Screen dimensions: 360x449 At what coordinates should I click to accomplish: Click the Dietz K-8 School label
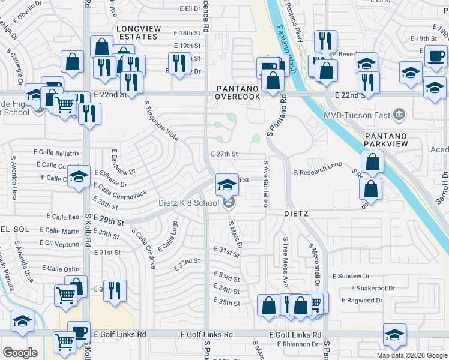coord(188,203)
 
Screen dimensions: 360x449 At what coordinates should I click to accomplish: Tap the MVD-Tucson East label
coord(356,115)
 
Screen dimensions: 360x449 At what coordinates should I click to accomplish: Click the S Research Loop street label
coord(318,173)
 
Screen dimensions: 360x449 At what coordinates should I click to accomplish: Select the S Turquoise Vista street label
coord(161,120)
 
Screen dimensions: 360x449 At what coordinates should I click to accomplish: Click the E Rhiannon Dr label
coord(298,344)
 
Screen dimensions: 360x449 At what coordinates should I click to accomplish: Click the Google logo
coord(20,353)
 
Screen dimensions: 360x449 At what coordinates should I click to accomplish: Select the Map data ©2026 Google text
coord(412,355)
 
